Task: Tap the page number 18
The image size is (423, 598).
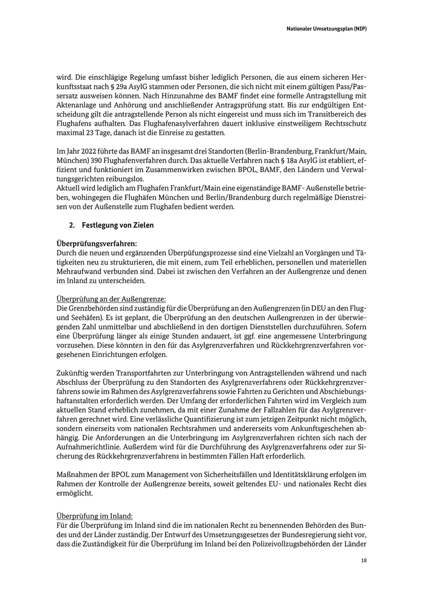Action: pyautogui.click(x=364, y=561)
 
